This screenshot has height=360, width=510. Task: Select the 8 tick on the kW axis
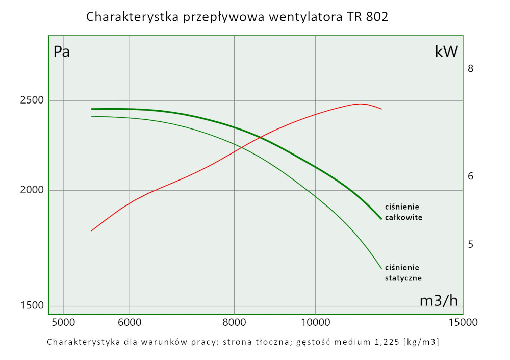click(471, 68)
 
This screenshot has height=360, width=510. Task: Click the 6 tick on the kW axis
click(471, 176)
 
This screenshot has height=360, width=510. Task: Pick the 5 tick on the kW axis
click(471, 244)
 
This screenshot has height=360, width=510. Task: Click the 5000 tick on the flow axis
click(63, 322)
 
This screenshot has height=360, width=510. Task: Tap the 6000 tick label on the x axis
click(130, 322)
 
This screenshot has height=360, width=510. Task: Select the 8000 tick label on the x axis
click(234, 322)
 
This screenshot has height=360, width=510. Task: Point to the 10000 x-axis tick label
click(315, 322)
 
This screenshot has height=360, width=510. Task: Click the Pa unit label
click(62, 52)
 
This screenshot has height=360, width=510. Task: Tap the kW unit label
click(446, 52)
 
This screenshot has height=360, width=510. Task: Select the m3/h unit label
click(439, 301)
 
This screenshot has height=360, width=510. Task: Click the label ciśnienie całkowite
click(403, 212)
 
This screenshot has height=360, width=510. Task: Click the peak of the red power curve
click(361, 104)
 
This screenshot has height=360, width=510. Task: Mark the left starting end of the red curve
click(92, 230)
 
